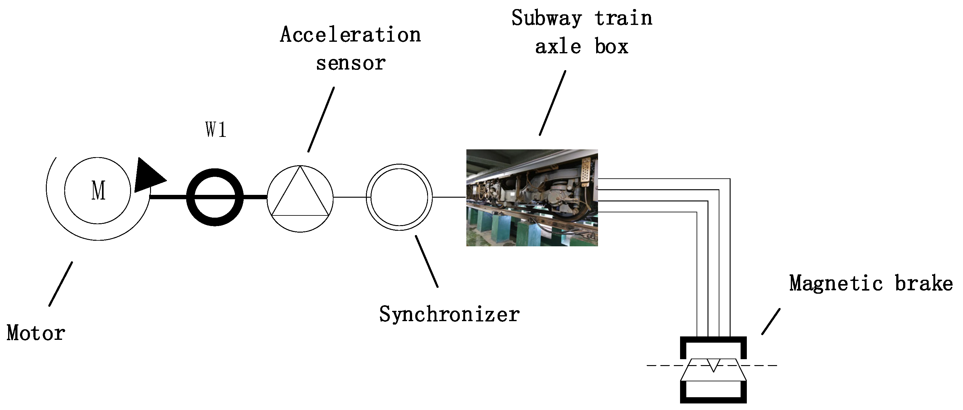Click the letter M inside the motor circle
click(98, 191)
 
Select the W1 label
click(216, 130)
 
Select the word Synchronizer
click(449, 314)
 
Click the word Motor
click(36, 333)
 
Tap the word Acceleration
click(350, 35)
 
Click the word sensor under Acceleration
click(351, 63)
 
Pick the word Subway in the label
click(547, 18)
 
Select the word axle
click(558, 47)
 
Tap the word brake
click(923, 283)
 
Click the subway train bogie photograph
click(532, 198)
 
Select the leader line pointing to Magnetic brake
click(771, 321)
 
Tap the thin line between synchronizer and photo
click(449, 197)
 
